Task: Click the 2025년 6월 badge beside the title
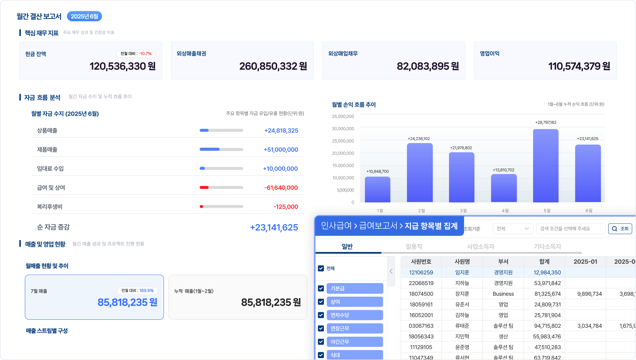pos(84,16)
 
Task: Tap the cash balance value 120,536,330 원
pos(123,66)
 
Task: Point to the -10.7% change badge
pos(136,54)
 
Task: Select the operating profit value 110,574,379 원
pos(579,66)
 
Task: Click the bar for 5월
pos(546,165)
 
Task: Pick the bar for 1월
pos(377,190)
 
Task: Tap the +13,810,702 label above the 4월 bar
pos(503,170)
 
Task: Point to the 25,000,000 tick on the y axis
pos(343,141)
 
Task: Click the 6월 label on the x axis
pos(589,211)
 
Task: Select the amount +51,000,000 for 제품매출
pos(281,150)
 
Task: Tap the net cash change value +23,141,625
pos(274,227)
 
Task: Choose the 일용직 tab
pos(414,247)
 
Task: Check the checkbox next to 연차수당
pos(321,315)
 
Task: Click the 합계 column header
pos(544,262)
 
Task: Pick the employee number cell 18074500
pos(421,294)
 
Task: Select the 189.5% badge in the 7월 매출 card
pos(138,291)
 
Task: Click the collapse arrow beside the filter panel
pos(391,271)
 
